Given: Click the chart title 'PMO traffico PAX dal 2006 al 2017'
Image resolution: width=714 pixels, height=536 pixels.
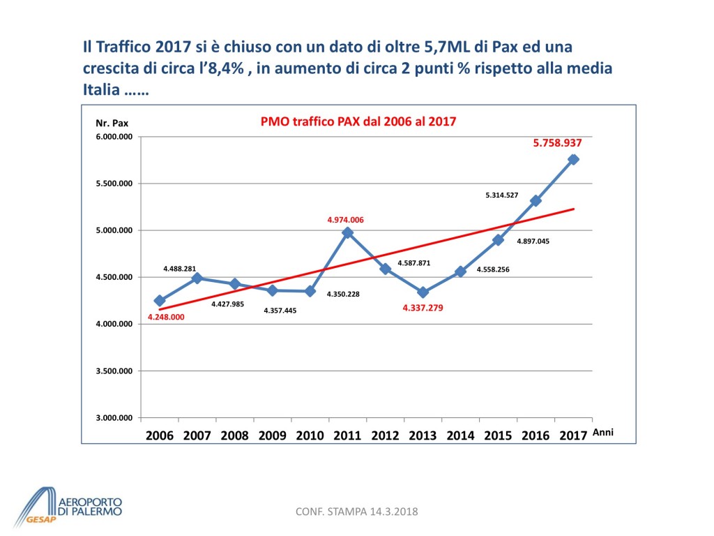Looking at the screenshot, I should click(358, 121).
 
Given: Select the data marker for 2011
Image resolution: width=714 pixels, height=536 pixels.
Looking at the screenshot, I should click(347, 232).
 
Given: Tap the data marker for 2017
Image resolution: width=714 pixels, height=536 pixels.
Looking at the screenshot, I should click(573, 159).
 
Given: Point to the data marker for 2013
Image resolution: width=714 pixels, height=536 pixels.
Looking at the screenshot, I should click(423, 292).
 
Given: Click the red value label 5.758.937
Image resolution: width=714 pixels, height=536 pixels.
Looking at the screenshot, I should click(557, 142).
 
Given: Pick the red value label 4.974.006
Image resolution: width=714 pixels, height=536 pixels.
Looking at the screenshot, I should click(346, 220).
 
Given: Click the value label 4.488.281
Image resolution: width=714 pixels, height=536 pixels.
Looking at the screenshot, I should click(180, 269).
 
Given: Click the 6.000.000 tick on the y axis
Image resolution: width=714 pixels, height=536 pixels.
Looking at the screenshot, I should click(114, 137).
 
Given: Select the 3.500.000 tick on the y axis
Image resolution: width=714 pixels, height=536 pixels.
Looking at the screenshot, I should click(114, 371).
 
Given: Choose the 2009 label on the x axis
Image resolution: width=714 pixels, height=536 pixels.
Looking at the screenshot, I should click(272, 435).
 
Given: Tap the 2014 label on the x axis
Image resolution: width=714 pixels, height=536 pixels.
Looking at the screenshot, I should click(460, 435).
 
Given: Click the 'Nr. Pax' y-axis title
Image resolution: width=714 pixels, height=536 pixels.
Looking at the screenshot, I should click(112, 123).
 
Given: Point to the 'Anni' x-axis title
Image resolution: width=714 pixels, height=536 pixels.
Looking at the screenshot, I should click(602, 433).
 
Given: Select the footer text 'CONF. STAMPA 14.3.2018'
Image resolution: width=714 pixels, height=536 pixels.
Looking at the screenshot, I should click(356, 512).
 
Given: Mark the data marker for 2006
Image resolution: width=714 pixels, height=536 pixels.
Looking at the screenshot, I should click(160, 301).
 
